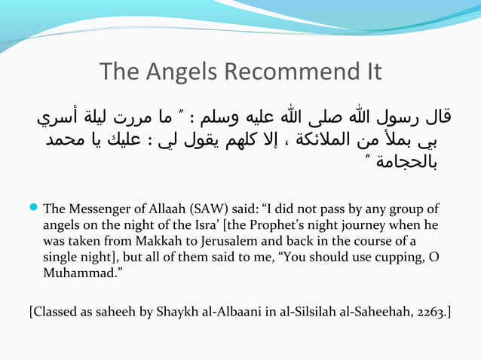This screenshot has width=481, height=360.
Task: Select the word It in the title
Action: pyautogui.click(x=370, y=73)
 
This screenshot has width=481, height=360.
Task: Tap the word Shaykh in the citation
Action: pyautogui.click(x=179, y=311)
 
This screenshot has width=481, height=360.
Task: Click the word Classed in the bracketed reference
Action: pyautogui.click(x=54, y=311)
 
